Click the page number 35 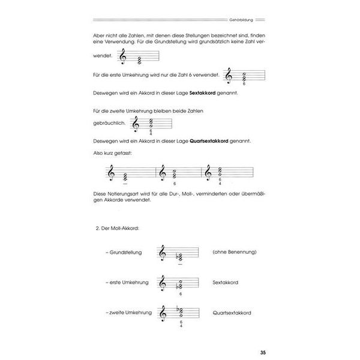(257, 352)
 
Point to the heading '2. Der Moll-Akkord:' (118, 229)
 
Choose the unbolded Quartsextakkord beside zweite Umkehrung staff (232, 312)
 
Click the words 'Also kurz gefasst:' (113, 154)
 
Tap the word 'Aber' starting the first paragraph (101, 36)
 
